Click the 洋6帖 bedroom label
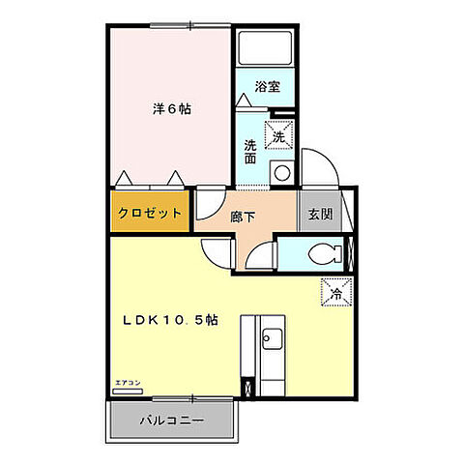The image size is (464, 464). coord(171,109)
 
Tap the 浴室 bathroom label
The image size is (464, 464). coord(267,87)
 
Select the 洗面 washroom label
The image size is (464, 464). coord(250,152)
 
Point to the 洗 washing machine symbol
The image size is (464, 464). coord(280,137)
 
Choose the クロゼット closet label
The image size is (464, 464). coord(149,213)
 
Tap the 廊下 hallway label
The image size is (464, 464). coord(243,217)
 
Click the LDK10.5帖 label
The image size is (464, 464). coord(168,320)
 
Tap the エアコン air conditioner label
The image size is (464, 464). coord(128,384)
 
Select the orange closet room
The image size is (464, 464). coord(149,213)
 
